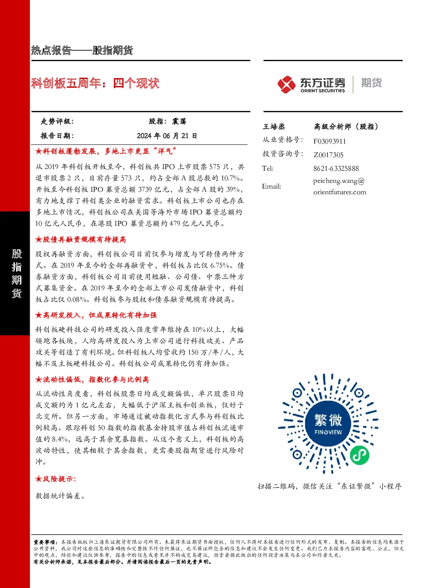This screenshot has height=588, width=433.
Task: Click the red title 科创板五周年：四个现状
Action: [95, 83]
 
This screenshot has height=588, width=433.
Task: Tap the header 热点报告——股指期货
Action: [82, 50]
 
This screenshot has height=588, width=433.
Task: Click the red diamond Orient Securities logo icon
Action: [286, 84]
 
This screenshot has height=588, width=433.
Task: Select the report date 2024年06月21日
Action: [167, 136]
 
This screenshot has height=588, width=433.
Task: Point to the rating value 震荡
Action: [179, 121]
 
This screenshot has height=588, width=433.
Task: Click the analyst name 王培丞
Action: [274, 127]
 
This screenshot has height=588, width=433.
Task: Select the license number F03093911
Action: [330, 141]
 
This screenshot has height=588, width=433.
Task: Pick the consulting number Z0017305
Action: [328, 155]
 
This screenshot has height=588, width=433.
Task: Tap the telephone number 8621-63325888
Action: [336, 168]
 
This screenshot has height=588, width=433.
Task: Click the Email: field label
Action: [271, 186]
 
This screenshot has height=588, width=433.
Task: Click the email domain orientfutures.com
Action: [340, 192]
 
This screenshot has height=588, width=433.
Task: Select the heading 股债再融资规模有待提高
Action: [81, 239]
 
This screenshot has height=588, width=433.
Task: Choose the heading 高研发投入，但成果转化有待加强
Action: [96, 315]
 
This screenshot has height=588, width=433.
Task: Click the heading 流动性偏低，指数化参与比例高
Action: [93, 379]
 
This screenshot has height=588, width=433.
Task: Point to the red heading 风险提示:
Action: [56, 479]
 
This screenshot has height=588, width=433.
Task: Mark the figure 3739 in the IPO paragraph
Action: [148, 189]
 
